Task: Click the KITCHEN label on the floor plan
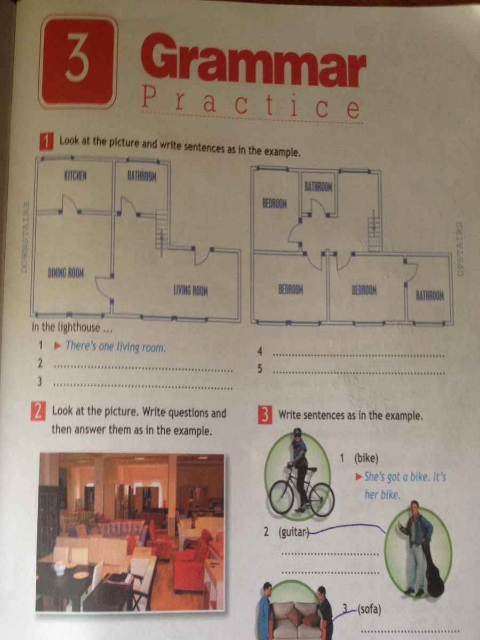point(75,175)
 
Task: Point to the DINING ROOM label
point(66,273)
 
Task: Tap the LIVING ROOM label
point(191,290)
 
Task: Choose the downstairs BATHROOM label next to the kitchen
point(142,176)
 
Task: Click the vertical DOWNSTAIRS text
point(26,238)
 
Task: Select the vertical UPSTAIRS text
point(460,249)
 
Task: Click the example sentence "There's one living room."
point(115,346)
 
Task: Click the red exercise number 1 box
point(46,141)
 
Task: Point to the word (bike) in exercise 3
point(366,459)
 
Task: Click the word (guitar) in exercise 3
point(293,532)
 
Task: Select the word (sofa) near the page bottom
point(369,609)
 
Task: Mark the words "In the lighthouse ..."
point(71,327)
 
